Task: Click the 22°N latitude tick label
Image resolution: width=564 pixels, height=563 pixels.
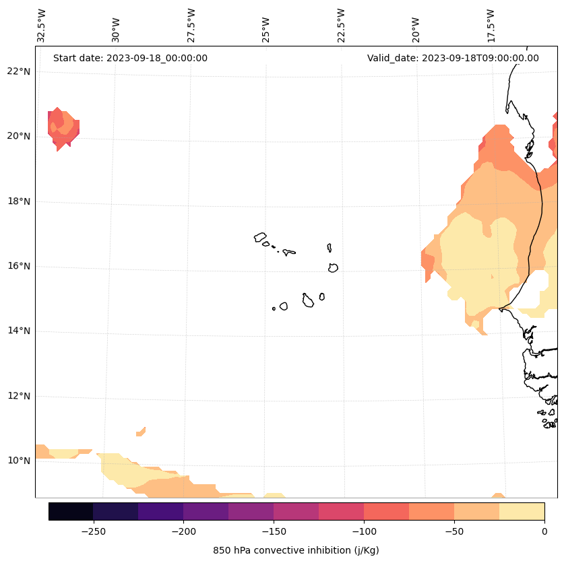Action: click(x=19, y=71)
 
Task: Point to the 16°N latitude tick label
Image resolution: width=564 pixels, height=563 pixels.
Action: click(x=19, y=266)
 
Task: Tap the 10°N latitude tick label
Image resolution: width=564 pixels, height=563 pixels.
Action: click(x=19, y=461)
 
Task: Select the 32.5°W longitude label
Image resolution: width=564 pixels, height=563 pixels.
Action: click(x=42, y=26)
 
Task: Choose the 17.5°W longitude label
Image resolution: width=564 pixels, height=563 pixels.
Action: click(x=491, y=26)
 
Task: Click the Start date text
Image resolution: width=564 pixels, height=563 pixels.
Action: click(x=130, y=58)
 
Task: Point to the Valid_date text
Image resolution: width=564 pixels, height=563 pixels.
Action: click(x=453, y=58)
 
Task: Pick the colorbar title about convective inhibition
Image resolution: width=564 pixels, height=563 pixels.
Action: click(x=296, y=550)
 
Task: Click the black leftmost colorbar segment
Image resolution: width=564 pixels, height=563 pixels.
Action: click(x=71, y=511)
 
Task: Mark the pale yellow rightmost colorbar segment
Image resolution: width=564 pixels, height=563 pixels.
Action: click(x=522, y=511)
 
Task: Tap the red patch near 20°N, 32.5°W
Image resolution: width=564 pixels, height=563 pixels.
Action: click(x=63, y=128)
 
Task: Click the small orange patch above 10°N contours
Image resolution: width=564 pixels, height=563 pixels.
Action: click(x=141, y=432)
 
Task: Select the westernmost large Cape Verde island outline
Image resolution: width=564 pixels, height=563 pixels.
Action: click(x=260, y=237)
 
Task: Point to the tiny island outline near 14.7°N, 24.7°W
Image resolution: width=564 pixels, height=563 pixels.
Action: click(x=274, y=308)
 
